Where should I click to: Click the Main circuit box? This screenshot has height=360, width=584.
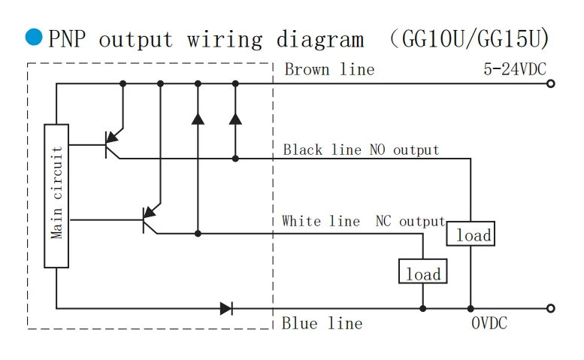click(56, 194)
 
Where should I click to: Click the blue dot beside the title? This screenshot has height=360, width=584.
click(33, 37)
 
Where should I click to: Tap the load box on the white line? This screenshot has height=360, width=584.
click(422, 272)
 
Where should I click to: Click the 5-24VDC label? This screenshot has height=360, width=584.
click(515, 70)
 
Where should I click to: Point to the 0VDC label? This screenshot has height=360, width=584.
click(489, 323)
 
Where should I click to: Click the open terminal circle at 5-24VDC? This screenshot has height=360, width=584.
click(550, 83)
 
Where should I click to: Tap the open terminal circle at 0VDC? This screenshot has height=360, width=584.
click(550, 308)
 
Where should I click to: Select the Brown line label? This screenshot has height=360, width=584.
click(329, 70)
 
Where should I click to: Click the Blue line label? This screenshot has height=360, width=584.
click(322, 324)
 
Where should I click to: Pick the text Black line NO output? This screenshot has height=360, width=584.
click(361, 150)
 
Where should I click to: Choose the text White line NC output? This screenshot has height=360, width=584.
click(364, 221)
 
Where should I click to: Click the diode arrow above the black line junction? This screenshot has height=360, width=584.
click(235, 118)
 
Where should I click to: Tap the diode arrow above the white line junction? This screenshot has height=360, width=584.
click(198, 118)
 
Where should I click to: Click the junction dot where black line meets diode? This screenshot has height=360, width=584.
click(235, 159)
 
